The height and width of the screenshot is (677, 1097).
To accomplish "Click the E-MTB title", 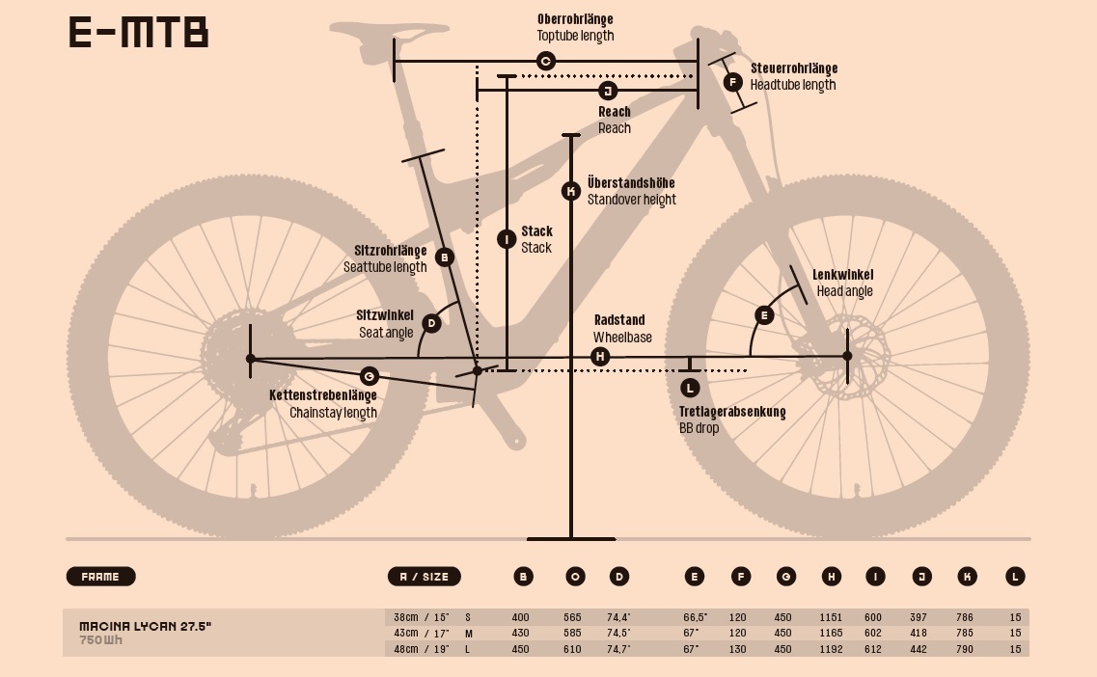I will (x=139, y=32).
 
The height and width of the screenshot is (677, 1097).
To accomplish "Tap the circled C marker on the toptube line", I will (x=545, y=62).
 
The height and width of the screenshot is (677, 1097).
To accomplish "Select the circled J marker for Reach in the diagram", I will (x=608, y=91).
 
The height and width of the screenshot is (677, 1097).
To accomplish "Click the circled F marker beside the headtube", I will (x=733, y=82).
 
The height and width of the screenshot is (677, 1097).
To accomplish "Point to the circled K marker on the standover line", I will (x=571, y=191).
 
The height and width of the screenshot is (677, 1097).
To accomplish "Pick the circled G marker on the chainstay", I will (x=369, y=376).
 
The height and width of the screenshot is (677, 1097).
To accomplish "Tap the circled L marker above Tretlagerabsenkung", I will (x=690, y=388).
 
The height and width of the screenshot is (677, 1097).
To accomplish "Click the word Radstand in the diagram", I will (x=619, y=320).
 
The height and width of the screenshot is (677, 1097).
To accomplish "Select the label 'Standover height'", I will (x=631, y=200).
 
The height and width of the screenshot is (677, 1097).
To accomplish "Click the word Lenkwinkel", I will (x=842, y=275).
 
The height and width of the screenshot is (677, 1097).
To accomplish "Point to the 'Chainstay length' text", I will (x=333, y=413).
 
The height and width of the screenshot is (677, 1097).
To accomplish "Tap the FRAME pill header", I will (x=100, y=577).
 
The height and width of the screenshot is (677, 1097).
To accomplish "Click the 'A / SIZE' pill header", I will (x=424, y=577).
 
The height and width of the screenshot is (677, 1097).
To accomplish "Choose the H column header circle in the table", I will (x=832, y=577).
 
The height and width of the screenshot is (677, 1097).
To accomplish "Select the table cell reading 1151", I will (x=831, y=617).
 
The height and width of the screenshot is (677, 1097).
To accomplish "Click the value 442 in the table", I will (x=919, y=649).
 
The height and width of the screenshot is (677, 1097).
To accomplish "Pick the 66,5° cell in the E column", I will (x=695, y=617).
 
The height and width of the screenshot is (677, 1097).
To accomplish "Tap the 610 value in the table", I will (x=572, y=649).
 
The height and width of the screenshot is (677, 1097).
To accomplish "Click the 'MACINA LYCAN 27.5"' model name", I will (x=145, y=627).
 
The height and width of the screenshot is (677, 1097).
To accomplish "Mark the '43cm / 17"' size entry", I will (x=422, y=633).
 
